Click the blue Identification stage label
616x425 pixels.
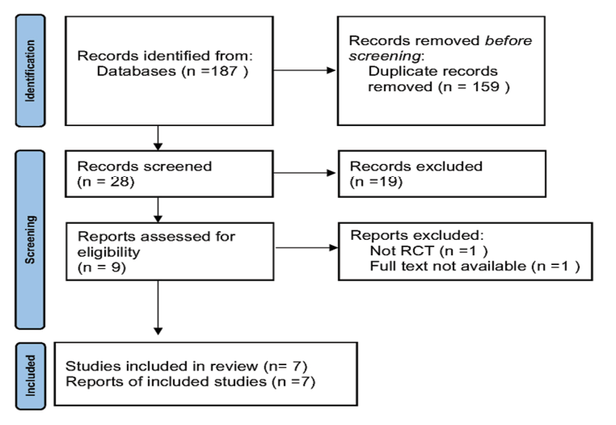(30, 71)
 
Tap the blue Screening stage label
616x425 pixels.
(30, 240)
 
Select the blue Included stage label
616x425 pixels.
(31, 376)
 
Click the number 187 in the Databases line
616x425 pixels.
(224, 71)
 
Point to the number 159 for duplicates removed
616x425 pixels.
(486, 86)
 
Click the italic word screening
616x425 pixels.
(385, 57)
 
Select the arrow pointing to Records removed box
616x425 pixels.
(305, 70)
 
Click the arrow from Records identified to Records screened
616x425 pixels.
(158, 138)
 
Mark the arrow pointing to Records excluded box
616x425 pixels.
(305, 172)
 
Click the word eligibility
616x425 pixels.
(108, 252)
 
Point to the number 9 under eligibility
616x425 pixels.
(116, 267)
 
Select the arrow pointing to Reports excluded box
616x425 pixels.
(307, 247)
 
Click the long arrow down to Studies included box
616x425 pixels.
(158, 308)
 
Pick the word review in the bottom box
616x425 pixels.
(234, 366)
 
